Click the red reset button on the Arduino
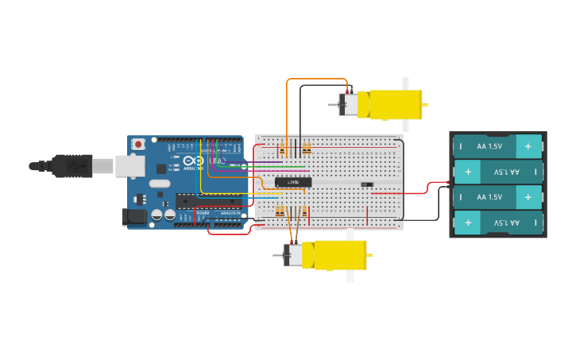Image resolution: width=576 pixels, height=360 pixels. pyautogui.click(x=138, y=144)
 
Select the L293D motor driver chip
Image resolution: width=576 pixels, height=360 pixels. pyautogui.click(x=292, y=182)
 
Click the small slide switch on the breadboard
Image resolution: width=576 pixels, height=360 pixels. pyautogui.click(x=366, y=184)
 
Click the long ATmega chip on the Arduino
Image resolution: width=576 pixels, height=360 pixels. pyautogui.click(x=209, y=201)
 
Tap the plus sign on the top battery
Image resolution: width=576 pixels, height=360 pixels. pyautogui.click(x=528, y=146)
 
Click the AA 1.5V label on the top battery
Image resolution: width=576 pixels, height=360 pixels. pyautogui.click(x=489, y=146)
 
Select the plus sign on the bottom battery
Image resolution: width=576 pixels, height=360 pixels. pyautogui.click(x=467, y=223)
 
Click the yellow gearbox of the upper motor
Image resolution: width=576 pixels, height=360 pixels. pyautogui.click(x=389, y=105)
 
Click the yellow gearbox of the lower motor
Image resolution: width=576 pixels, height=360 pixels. pyautogui.click(x=334, y=255)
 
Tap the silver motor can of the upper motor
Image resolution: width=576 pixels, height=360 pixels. pyautogui.click(x=348, y=105)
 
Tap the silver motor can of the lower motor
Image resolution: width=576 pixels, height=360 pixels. pyautogui.click(x=293, y=255)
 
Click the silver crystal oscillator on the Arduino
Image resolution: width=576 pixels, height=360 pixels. pyautogui.click(x=160, y=184)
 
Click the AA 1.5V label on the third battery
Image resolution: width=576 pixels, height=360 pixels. pyautogui.click(x=489, y=196)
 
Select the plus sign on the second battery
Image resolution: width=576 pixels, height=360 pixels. pyautogui.click(x=467, y=172)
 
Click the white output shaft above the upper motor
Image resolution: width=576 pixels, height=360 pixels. pyautogui.click(x=405, y=83)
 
